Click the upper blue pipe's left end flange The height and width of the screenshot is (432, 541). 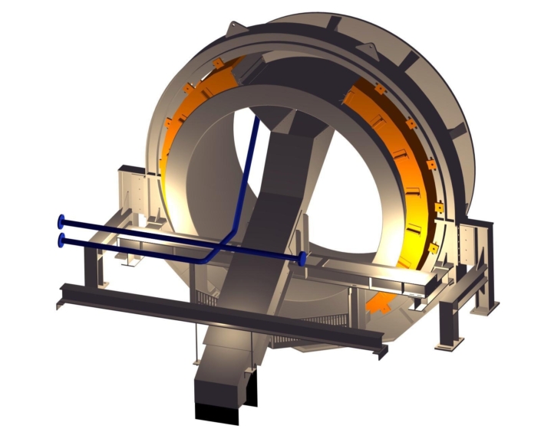(x=61, y=222)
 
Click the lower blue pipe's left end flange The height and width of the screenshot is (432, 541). (x=61, y=241)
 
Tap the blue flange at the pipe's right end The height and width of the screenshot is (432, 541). (x=303, y=259)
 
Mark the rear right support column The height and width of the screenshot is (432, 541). (x=484, y=268)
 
